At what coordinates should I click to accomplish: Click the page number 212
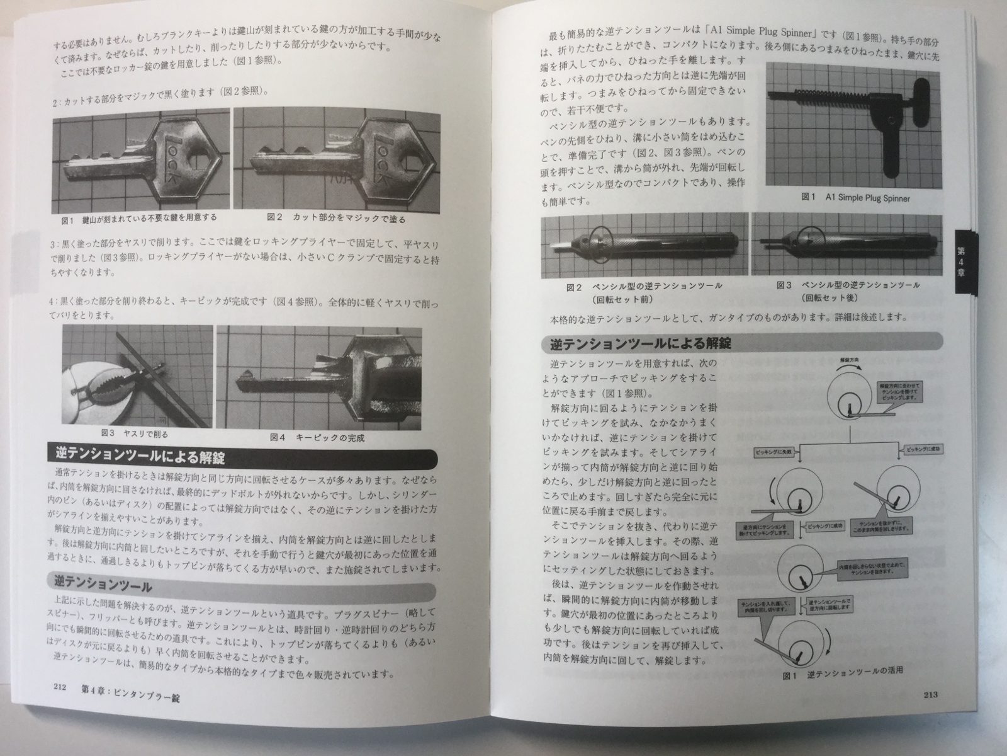coord(61,689)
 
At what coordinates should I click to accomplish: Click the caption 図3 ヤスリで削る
coord(135,434)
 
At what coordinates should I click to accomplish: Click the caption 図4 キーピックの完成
coord(317,437)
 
